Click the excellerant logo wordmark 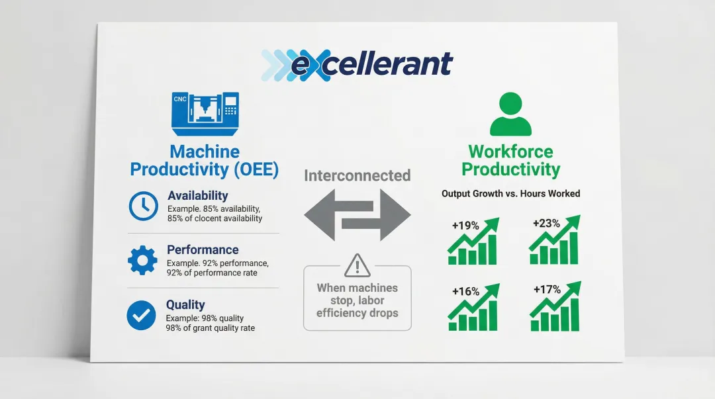[357, 65]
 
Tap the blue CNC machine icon [205, 114]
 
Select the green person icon [510, 114]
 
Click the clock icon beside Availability [143, 206]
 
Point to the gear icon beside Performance [143, 261]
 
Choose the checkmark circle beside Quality [142, 315]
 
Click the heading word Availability [197, 196]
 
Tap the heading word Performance [203, 250]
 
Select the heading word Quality [185, 304]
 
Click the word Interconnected [357, 175]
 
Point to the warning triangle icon [357, 265]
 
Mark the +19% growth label [465, 225]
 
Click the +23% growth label [546, 223]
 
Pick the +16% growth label [465, 291]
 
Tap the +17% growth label [548, 289]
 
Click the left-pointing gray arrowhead [320, 214]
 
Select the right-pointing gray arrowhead [395, 214]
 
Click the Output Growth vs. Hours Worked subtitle [510, 193]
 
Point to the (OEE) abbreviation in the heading [256, 169]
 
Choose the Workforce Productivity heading [510, 160]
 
